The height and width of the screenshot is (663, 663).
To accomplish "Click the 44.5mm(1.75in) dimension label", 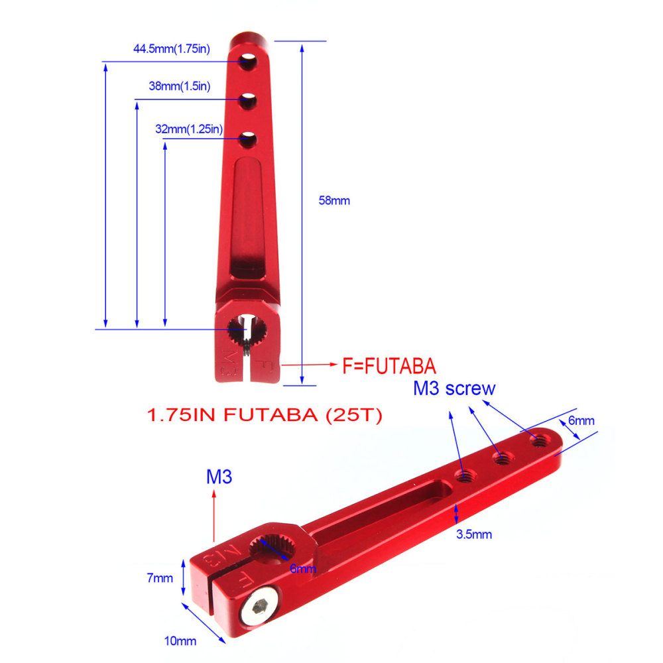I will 171,48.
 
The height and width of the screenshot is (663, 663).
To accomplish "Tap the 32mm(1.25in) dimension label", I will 188,129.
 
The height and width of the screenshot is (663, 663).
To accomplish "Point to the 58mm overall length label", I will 334,200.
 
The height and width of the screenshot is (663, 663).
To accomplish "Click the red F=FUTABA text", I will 389,365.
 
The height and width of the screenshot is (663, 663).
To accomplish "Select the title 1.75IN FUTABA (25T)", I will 263,416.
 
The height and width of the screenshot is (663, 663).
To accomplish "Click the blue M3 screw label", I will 454,389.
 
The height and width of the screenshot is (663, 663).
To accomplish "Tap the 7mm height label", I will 160,577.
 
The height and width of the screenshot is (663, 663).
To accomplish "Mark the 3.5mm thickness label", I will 473,534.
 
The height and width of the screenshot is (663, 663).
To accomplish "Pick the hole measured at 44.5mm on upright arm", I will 249,62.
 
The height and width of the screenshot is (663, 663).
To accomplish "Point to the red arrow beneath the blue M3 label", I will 213,516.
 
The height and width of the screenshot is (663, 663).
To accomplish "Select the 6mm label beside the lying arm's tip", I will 581,421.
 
